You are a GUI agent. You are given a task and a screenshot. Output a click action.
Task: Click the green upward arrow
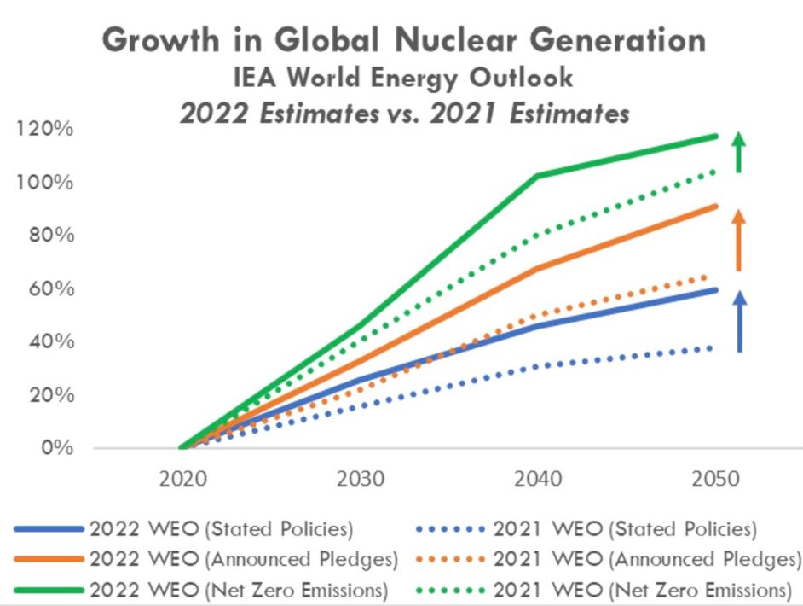coord(739,153)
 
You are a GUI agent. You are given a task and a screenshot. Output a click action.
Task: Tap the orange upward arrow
coord(739,240)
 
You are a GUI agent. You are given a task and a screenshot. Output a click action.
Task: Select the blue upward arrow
coord(739,322)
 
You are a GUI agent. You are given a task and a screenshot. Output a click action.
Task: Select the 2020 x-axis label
coord(182,478)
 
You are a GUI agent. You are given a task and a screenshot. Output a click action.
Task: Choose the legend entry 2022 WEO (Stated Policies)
coord(220,529)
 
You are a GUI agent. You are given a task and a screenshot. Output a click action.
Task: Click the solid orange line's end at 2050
coord(716,206)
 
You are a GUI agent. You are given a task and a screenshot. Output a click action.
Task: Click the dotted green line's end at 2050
coord(714,171)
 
